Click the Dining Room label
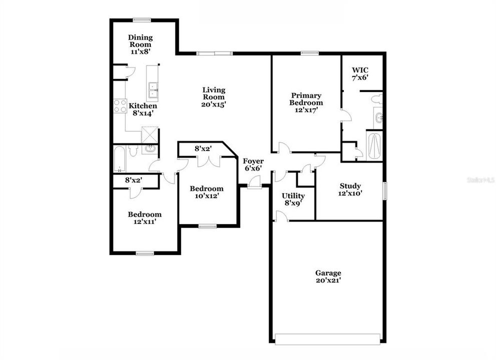(x=140, y=41)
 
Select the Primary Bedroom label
(x=306, y=99)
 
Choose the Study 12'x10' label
(x=350, y=189)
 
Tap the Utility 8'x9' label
(x=293, y=199)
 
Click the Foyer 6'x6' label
(x=253, y=165)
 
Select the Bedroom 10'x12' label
(x=206, y=192)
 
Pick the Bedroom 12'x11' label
(x=144, y=218)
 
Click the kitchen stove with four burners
(x=120, y=106)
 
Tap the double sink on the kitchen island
(x=153, y=91)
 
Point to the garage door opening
(x=328, y=338)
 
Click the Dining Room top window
(x=142, y=20)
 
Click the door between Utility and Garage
(x=281, y=216)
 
